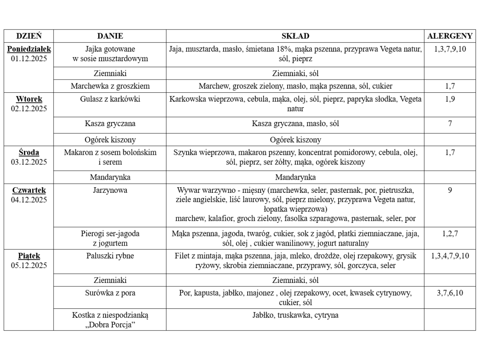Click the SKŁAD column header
[295, 36]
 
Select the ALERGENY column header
[450, 36]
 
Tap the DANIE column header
[110, 36]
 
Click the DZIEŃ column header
[29, 36]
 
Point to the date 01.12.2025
[29, 59]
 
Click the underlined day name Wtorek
[29, 99]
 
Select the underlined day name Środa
[29, 152]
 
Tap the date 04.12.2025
[29, 200]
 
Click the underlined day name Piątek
[29, 256]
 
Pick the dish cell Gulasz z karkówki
[110, 99]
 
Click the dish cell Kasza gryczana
[110, 124]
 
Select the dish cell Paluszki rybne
[110, 256]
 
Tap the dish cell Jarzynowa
[110, 190]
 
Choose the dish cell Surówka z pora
[110, 293]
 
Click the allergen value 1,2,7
[450, 234]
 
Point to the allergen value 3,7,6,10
[450, 293]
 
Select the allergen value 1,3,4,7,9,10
[450, 256]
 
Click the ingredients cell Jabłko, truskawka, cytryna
[295, 315]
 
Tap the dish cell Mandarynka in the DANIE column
[110, 177]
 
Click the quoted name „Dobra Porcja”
[110, 325]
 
